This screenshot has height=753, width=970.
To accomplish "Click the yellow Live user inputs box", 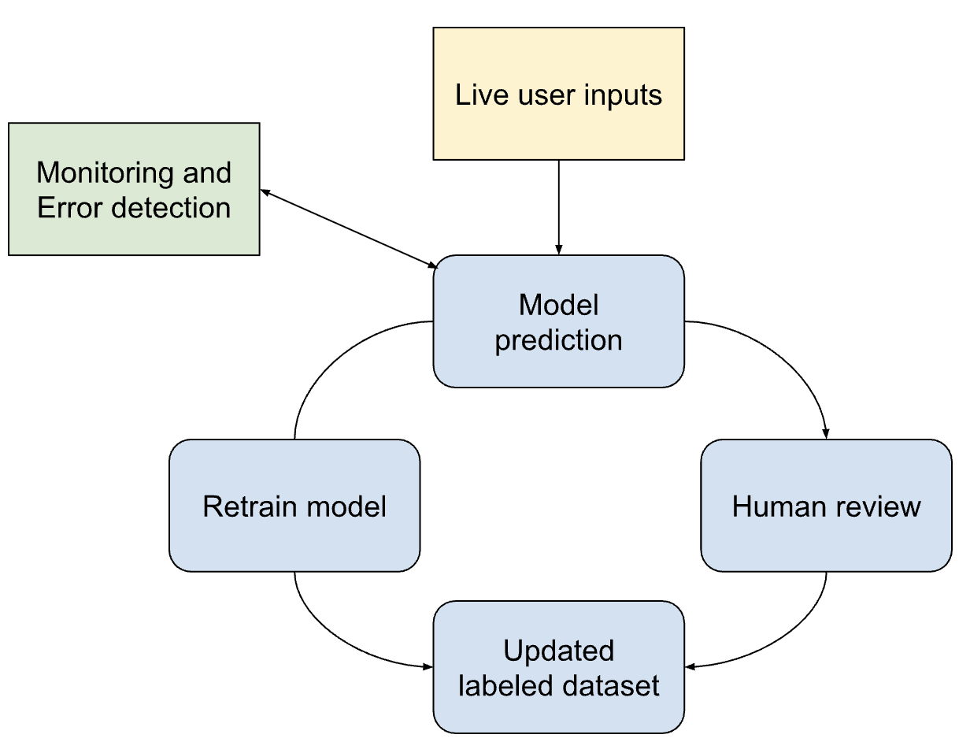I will pos(558,94).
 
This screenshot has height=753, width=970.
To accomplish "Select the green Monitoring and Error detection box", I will pos(134,189).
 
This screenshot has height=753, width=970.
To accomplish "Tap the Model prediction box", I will pos(558,321).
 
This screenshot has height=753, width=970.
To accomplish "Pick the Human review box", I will pos(826,506).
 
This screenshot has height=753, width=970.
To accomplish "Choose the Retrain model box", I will pos(294,506).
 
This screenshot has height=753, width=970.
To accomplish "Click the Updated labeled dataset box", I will pos(558,667).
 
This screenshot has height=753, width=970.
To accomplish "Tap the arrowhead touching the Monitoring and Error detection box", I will pos(266,192).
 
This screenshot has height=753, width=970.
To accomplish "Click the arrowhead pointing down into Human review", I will pos(826,433).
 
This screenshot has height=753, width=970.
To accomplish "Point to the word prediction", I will pos(558,340).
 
